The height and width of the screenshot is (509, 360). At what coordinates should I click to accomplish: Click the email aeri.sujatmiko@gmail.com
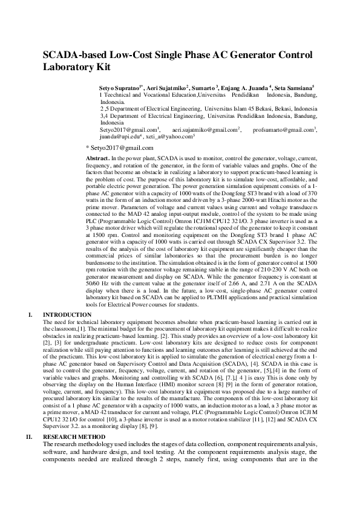pos(205,129)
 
